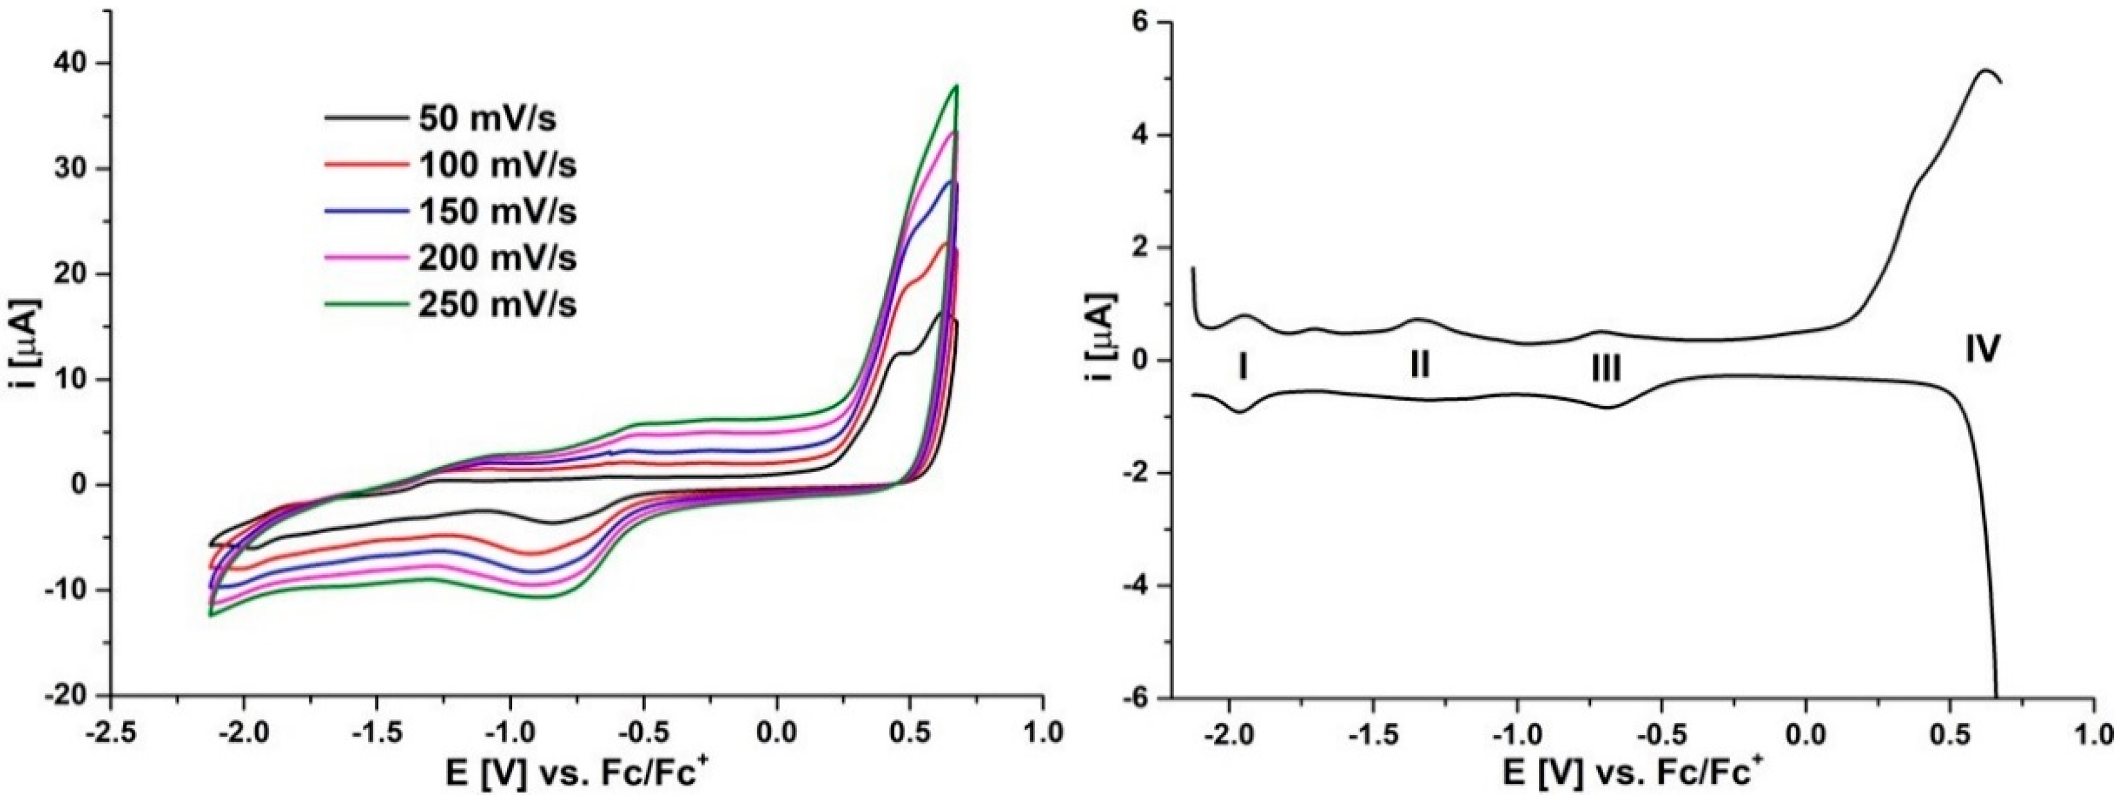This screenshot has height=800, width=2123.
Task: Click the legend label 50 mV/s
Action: pos(487,120)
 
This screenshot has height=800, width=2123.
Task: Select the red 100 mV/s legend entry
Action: pos(497,166)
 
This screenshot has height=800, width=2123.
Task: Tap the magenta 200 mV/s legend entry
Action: pos(497,259)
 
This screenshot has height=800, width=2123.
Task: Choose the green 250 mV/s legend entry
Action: pos(497,305)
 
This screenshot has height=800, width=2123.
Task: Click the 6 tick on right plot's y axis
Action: pos(1141,23)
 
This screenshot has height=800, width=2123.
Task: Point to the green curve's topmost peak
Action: pos(956,86)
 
